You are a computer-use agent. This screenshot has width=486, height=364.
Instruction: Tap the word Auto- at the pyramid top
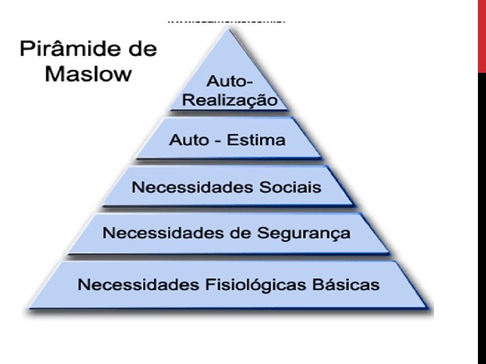(x=230, y=82)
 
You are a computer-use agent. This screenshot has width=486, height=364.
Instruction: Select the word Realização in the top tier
(x=234, y=100)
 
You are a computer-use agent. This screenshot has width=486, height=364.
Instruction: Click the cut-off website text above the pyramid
(x=227, y=21)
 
